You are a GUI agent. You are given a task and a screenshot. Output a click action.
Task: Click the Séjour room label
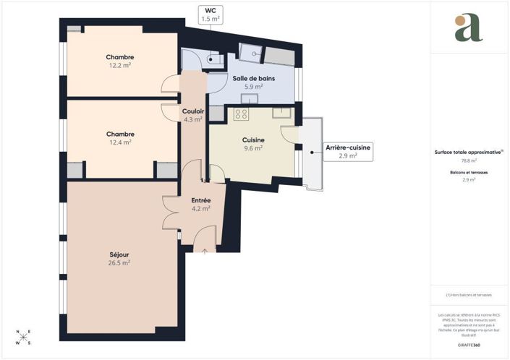point(119,254)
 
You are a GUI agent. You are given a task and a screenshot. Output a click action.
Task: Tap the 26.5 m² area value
point(119,262)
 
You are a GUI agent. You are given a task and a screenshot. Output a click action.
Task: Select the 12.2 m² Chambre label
point(120,57)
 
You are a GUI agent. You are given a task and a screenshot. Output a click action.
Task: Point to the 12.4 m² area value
point(120,142)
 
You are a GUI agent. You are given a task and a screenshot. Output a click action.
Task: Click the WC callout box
point(211,14)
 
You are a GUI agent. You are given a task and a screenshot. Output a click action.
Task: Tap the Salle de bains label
point(252,78)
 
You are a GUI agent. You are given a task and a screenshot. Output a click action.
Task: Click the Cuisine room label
point(253,140)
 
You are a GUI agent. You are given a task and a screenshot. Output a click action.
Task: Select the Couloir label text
point(193,111)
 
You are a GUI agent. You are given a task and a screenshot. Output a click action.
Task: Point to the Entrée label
point(200,200)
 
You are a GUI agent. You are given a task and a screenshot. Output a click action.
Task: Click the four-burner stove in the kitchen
point(241,113)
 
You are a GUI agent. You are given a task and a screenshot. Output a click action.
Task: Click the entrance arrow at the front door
point(205,252)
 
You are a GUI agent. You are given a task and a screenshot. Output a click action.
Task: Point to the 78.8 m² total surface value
point(469,161)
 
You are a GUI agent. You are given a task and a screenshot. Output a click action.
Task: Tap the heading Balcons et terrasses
point(469,173)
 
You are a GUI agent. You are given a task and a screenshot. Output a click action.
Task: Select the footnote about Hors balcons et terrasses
point(469,295)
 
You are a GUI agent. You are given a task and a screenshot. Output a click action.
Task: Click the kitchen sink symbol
point(281,112)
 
